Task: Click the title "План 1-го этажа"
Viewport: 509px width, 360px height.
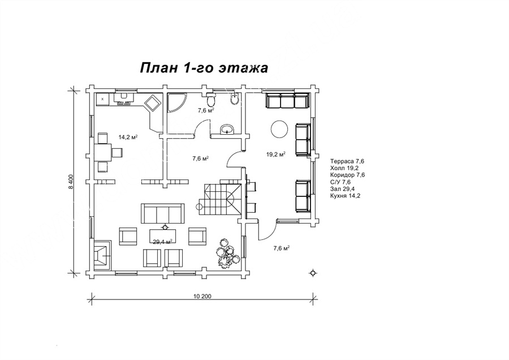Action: pos(204,68)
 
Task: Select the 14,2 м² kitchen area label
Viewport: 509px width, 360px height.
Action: pos(128,137)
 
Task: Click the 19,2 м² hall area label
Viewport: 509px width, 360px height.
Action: pos(276,155)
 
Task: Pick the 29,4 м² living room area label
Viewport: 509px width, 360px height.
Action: pos(162,241)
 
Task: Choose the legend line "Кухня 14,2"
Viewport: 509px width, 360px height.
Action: pos(345,196)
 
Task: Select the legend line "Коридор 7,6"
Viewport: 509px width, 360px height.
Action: pos(347,175)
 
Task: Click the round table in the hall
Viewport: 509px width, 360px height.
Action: pos(279,129)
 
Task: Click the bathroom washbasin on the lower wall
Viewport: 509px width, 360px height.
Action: pos(227,130)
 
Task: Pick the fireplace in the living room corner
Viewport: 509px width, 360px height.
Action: pos(103,255)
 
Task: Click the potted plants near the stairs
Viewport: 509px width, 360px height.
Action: pos(228,253)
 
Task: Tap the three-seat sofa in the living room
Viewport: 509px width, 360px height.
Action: pos(163,213)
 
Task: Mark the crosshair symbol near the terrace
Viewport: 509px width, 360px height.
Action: pos(313,273)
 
